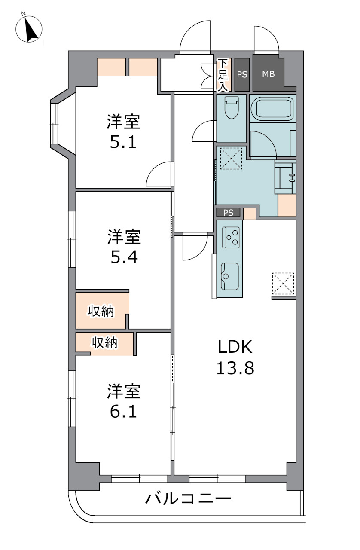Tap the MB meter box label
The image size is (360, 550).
pos(268,74)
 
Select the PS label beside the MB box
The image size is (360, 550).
pos(242,75)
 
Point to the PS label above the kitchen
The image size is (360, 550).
pos(228,213)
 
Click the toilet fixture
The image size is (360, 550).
pos(231,107)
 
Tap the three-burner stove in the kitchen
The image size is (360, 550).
pos(231,237)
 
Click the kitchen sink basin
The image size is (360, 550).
pos(230,276)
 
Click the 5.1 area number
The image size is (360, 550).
pos(123,142)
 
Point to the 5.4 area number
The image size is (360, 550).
pos(124,257)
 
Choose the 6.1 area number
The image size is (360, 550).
pos(123,412)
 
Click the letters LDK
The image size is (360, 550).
pos(235,347)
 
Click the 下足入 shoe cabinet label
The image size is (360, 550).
pos(223,75)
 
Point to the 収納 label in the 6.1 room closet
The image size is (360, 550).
pos(104,342)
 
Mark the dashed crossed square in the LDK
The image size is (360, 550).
pos(283,284)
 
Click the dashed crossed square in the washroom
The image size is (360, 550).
pos(231,159)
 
